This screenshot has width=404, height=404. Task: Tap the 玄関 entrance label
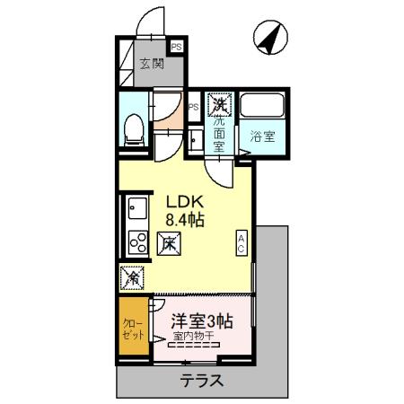152,64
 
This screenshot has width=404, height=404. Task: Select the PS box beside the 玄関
176,48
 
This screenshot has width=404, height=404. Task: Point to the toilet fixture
134,128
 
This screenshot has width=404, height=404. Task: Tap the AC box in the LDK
241,241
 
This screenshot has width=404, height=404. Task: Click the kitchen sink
138,210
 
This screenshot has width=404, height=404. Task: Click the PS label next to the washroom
193,106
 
